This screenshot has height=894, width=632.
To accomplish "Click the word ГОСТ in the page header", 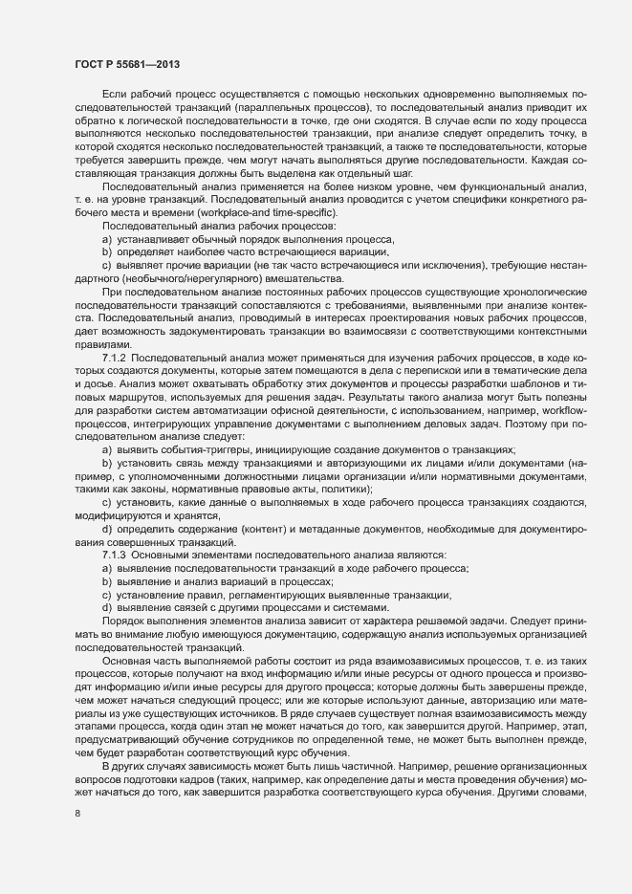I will tap(87, 66).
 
